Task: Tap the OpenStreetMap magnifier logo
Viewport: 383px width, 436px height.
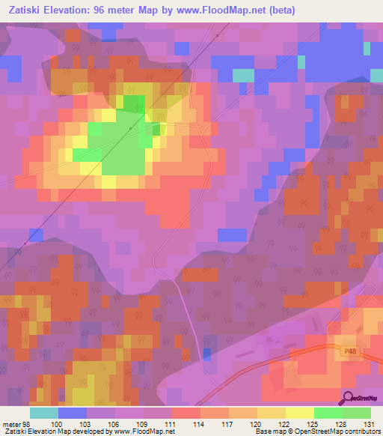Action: coord(348,399)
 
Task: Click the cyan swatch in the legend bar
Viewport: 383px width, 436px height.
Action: coord(44,413)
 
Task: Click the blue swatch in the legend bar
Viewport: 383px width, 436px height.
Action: coord(73,413)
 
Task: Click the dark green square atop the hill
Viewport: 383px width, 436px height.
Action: coord(134,104)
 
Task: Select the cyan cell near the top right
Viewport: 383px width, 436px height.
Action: coord(243,75)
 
